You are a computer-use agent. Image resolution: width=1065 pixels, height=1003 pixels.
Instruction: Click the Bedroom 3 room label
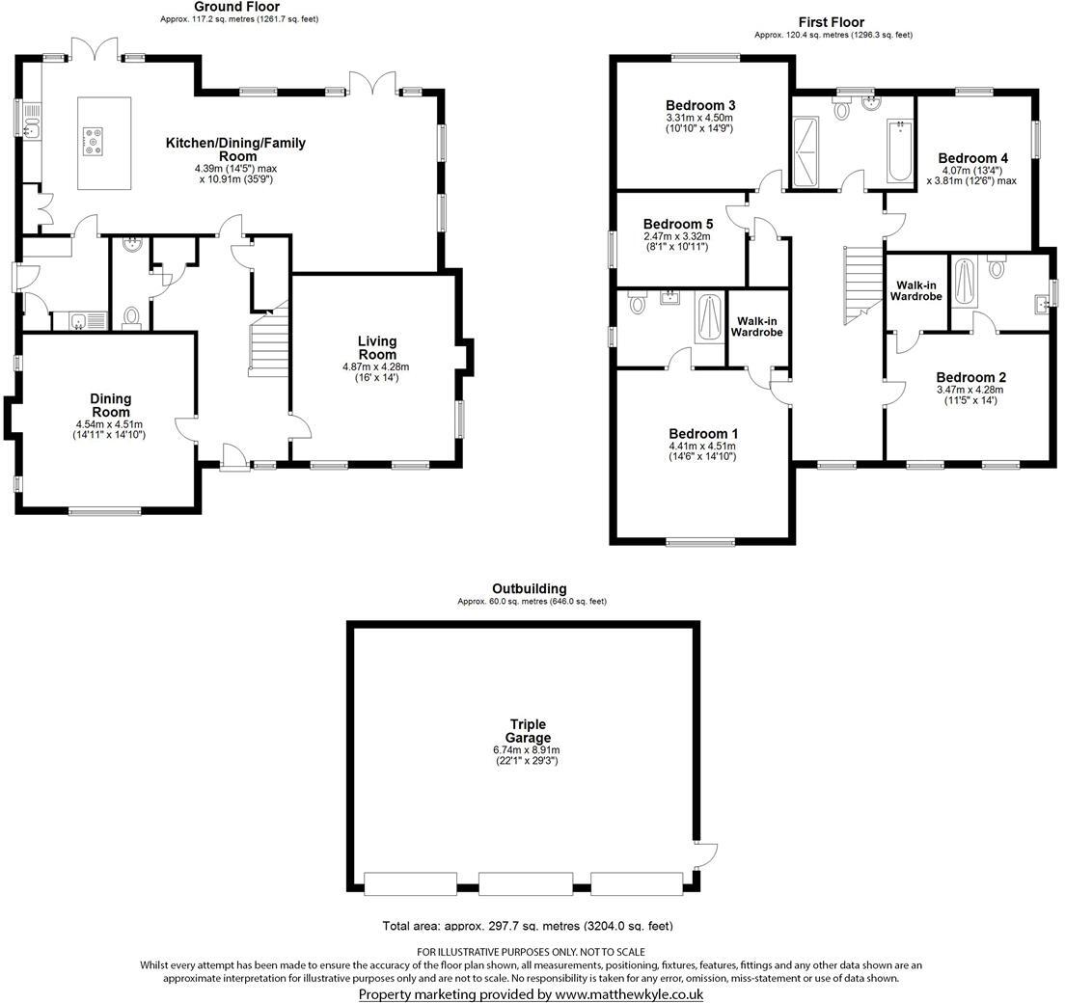tap(700, 105)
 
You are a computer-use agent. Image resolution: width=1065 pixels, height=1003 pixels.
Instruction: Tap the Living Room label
tap(376, 348)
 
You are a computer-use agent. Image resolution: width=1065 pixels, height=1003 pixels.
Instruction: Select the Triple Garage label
tap(528, 731)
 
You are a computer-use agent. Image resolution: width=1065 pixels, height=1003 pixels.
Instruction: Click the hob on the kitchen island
tap(96, 142)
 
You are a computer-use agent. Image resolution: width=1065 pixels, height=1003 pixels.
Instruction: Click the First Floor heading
tap(831, 22)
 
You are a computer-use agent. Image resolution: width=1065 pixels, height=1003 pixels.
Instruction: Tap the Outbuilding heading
tap(529, 588)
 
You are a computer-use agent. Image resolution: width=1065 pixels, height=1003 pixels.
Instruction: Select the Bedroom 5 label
tap(677, 223)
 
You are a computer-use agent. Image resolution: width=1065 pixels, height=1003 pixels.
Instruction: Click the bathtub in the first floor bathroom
tap(898, 151)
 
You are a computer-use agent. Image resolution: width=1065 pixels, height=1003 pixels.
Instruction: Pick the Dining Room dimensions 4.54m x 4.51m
tap(111, 424)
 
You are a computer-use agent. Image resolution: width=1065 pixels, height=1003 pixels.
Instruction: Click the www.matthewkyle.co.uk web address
tap(629, 994)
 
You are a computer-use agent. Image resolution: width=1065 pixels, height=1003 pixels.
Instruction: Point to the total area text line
tap(528, 926)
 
